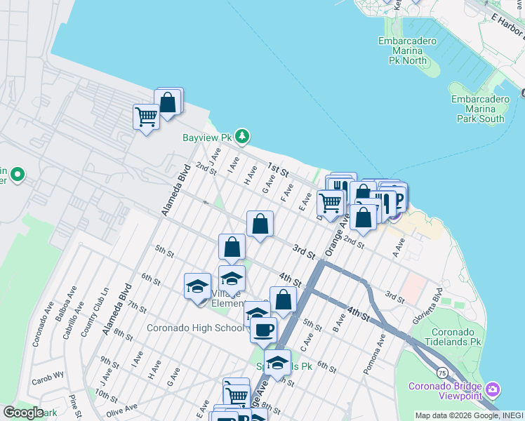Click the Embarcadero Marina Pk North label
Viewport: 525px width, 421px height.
[407, 51]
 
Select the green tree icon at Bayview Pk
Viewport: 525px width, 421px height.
[242, 135]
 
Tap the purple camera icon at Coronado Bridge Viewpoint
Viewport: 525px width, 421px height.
[493, 389]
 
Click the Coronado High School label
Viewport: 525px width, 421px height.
[195, 328]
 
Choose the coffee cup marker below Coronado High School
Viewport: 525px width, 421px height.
[263, 329]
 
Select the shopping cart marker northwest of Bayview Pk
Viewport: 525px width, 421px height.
[146, 116]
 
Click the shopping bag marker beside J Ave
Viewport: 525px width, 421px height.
[168, 102]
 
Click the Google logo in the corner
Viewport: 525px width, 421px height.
[23, 413]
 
